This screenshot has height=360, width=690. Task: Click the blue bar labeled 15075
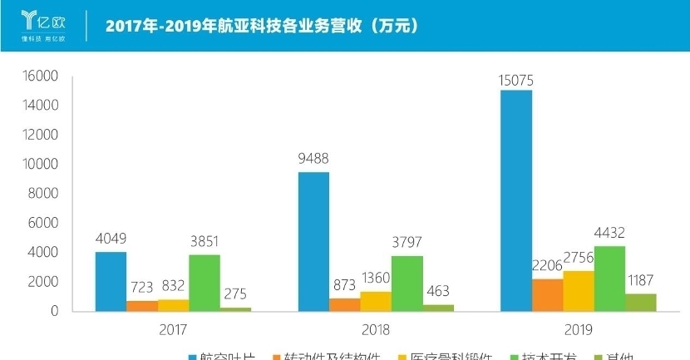click(516, 200)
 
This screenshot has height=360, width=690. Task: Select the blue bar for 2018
click(313, 241)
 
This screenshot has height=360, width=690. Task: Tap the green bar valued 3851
click(205, 283)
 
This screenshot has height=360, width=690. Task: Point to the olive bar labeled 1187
click(640, 303)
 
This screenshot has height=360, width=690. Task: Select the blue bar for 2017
click(111, 281)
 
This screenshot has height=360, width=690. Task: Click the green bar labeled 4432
click(609, 279)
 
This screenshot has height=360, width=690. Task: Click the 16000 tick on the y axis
click(38, 76)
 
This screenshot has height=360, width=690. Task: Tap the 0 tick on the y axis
click(53, 311)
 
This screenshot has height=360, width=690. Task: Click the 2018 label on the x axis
click(375, 329)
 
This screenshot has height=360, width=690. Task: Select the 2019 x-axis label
click(578, 329)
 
